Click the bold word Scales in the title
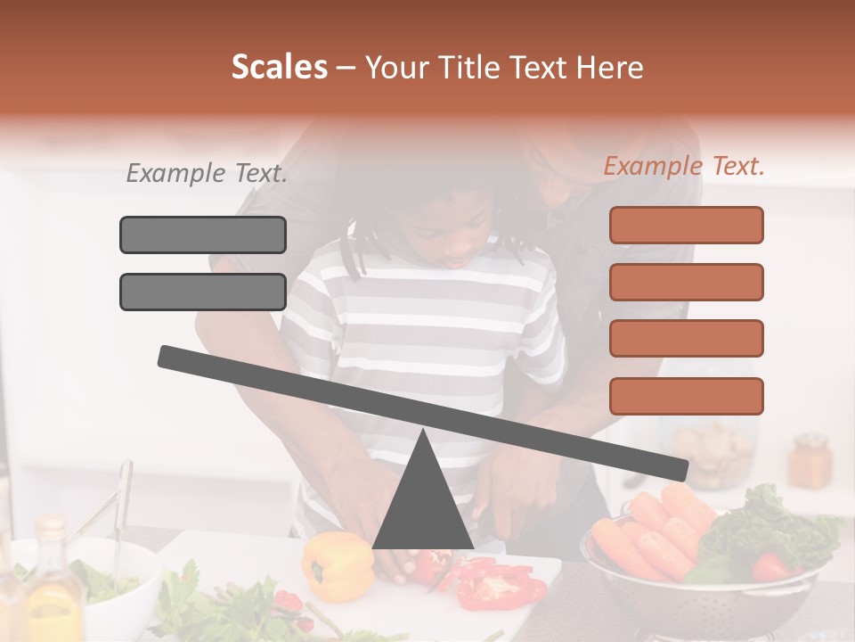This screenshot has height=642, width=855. point(279,68)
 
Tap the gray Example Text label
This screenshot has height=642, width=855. point(207,174)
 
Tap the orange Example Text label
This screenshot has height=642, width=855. point(684,166)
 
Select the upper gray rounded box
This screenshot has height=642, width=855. point(203,235)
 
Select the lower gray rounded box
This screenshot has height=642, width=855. point(203,292)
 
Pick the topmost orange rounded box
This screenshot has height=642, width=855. point(686,225)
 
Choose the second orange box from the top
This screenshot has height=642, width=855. point(686,282)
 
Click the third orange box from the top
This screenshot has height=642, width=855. point(686,339)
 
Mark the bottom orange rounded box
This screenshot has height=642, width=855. point(686,396)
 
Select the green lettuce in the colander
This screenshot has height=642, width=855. point(766,531)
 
